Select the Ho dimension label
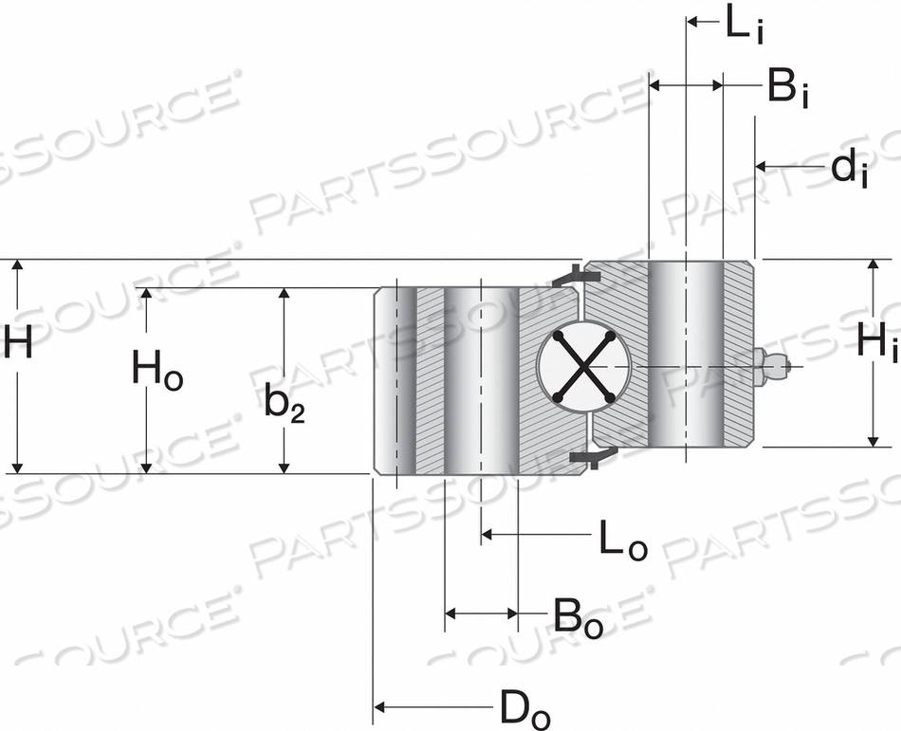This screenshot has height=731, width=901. [x=156, y=371]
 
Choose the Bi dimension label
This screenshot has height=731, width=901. [x=787, y=88]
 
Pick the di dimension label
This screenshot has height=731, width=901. [x=849, y=168]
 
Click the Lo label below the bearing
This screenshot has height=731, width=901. [x=622, y=539]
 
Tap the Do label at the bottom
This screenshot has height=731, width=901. [x=524, y=707]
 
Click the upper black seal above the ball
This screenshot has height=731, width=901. [x=575, y=277]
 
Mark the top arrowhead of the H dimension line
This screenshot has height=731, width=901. [x=15, y=266]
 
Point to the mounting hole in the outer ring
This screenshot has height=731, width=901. [x=481, y=379]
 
